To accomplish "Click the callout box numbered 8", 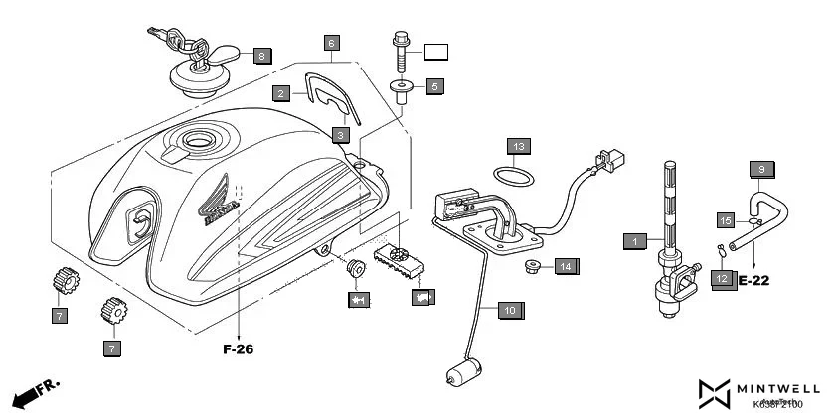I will coord(261,56).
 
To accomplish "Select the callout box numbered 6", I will coord(332,43).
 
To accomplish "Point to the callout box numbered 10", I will coord(508,311).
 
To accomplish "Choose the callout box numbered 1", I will coord(633,240).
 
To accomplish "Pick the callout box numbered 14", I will coord(565,266).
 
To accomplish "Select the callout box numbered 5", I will coord(434,86).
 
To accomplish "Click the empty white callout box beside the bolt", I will coord(438,51).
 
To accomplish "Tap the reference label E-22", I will coord(754,281).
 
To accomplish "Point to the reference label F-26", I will coord(239,348).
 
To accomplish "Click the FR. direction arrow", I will coord(36,392).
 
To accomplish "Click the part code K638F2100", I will coord(777,404).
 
